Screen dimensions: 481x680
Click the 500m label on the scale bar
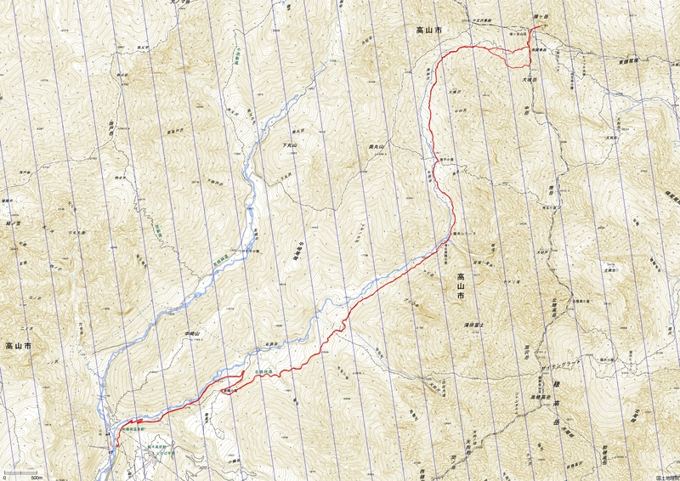tap(37, 477)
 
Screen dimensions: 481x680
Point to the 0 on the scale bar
tap(4, 477)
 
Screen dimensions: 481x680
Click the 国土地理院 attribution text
tap(667, 477)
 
